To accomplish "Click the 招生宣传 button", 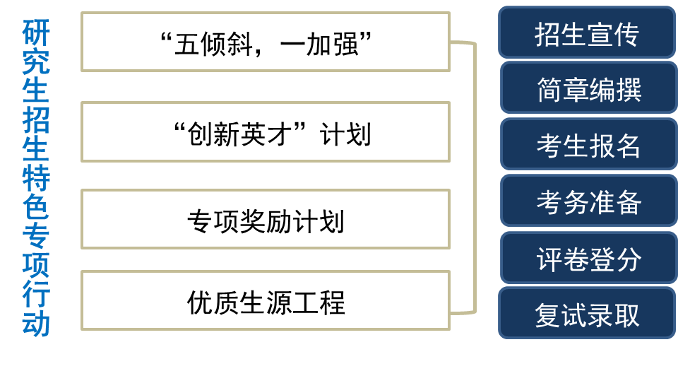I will [587, 33].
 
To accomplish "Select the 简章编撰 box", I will [588, 89].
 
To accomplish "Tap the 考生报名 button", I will [588, 146].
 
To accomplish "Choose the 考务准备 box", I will [588, 202].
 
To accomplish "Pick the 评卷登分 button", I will [588, 259].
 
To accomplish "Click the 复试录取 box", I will [587, 314].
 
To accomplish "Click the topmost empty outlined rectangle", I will [266, 42].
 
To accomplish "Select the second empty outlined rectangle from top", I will [266, 131].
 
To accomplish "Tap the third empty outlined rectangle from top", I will [266, 219].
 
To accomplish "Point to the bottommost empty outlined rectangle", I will [266, 300].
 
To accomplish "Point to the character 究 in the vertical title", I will [36, 62].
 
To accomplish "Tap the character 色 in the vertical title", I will [36, 207].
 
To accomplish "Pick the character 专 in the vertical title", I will [36, 237].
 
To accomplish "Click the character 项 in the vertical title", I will [36, 266].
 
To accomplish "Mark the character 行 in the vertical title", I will [36, 295].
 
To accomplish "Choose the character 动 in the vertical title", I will [36, 324].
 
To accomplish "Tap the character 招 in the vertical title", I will [36, 120].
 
